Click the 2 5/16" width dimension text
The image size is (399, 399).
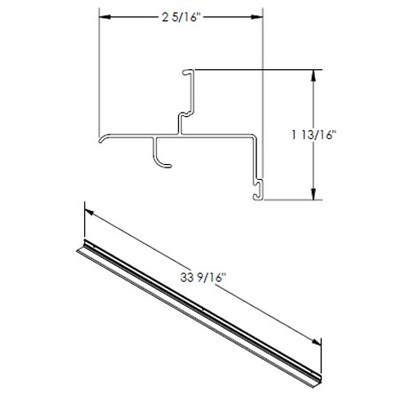click(x=181, y=17)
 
